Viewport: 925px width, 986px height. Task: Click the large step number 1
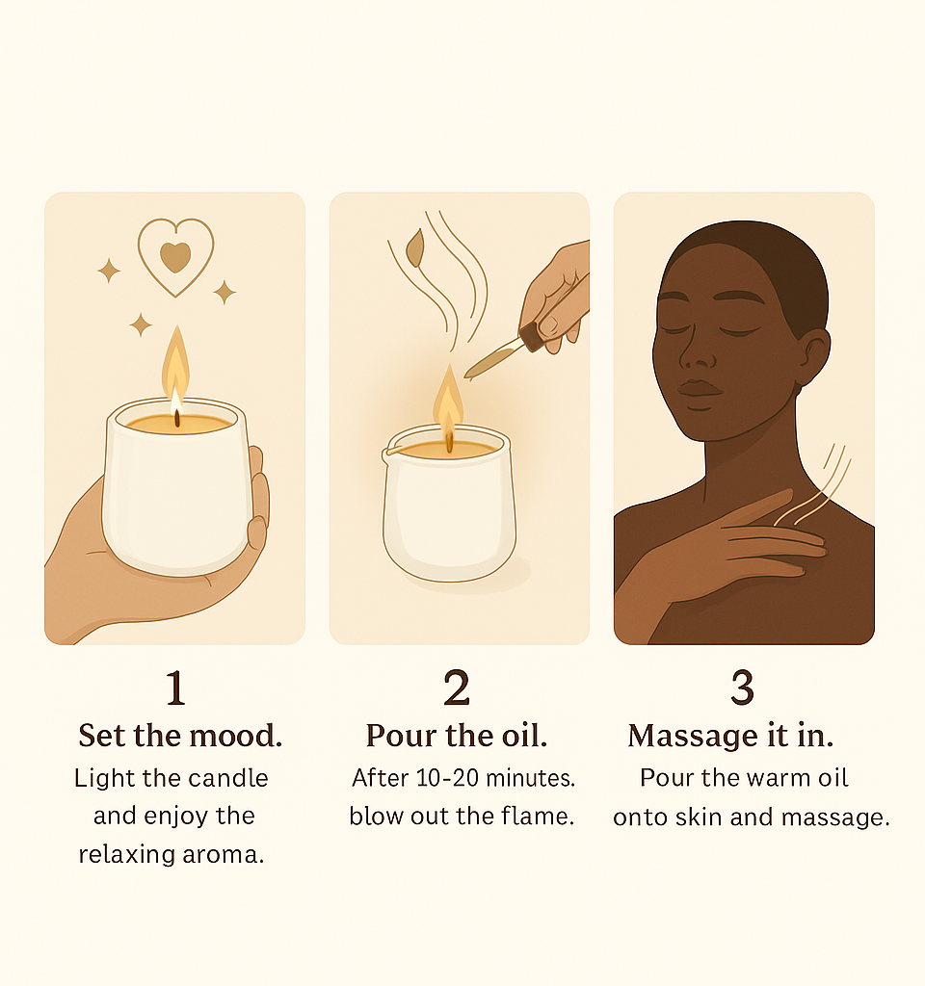pos(175,688)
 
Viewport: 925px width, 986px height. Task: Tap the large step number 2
pos(457,688)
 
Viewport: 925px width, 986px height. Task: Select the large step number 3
pos(743,688)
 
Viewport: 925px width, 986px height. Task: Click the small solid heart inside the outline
pos(175,257)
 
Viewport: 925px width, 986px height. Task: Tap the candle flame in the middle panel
pos(448,402)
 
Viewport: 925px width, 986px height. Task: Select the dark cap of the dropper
pos(532,336)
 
